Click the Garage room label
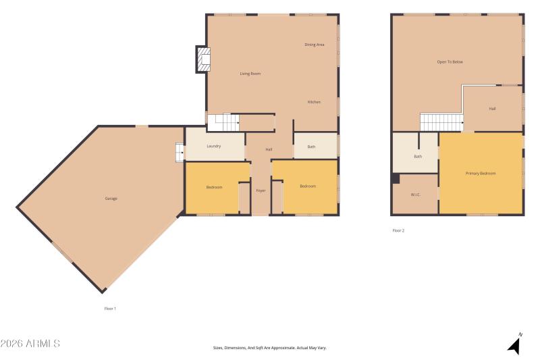111,199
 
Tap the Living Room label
250,74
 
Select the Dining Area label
315,45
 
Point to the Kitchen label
314,102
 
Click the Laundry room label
214,146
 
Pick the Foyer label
261,190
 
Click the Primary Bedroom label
481,174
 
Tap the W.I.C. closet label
416,195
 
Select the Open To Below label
450,62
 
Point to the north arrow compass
515,344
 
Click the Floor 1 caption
110,309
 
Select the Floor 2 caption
398,231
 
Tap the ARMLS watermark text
30,344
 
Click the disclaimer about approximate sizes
270,348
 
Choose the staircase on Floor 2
441,122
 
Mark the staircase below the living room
223,123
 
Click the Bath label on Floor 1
311,147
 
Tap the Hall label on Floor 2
493,109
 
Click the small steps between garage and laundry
180,153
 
